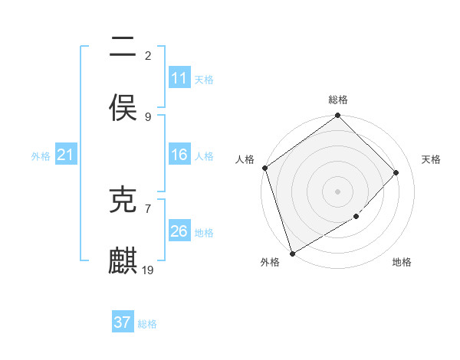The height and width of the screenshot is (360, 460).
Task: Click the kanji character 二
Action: click(123, 48)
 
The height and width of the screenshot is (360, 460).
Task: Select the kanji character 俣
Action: click(123, 108)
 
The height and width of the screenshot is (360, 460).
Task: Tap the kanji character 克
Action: click(123, 201)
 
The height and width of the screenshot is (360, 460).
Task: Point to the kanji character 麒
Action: click(123, 260)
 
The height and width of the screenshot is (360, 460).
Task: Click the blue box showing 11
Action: click(179, 78)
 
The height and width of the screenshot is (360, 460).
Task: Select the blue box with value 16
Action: click(179, 155)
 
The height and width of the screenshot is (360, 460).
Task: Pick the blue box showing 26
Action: click(179, 231)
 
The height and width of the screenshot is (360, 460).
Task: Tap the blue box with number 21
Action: click(65, 155)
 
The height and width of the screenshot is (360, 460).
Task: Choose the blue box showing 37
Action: click(123, 322)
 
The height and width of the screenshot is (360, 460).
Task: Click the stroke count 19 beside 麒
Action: click(149, 270)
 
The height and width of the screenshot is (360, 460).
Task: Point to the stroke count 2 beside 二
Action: click(148, 55)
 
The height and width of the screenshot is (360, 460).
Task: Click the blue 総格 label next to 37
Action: click(147, 324)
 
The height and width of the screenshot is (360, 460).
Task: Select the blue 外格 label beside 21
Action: click(41, 156)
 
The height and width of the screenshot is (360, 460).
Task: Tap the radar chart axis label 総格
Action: click(338, 100)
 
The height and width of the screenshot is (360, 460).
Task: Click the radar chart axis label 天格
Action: click(432, 159)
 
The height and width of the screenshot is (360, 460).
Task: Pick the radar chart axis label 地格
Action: click(402, 262)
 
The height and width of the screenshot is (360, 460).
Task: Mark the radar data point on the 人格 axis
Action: click(264, 168)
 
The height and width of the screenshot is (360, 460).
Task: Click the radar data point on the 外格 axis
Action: click(292, 253)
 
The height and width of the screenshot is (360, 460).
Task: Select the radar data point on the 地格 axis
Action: click(356, 217)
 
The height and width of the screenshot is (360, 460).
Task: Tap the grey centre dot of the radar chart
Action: click(338, 191)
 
